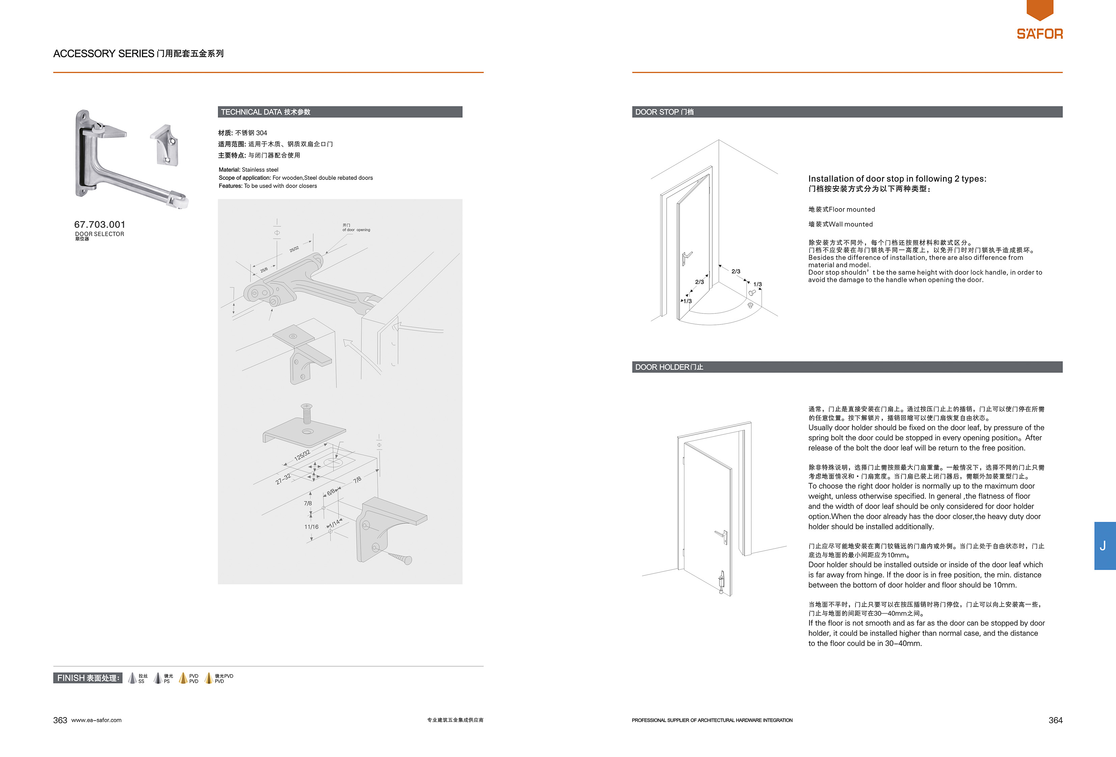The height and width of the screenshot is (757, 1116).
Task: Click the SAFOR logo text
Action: pyautogui.click(x=1040, y=34)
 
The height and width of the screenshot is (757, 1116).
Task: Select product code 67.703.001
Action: pyautogui.click(x=100, y=225)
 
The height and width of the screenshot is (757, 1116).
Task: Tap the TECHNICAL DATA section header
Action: pyautogui.click(x=340, y=112)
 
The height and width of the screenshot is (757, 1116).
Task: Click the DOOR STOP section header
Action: pyautogui.click(x=847, y=112)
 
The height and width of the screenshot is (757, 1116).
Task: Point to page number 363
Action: pyautogui.click(x=60, y=720)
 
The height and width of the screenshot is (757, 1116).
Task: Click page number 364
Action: pyautogui.click(x=1056, y=720)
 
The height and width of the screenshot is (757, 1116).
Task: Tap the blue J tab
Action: pyautogui.click(x=1105, y=546)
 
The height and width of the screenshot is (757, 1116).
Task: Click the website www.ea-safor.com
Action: pyautogui.click(x=97, y=720)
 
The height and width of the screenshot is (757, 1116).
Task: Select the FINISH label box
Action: pyautogui.click(x=87, y=678)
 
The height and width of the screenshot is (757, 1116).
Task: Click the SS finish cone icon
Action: pyautogui.click(x=133, y=678)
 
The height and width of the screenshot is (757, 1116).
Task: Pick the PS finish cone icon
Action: pyautogui.click(x=158, y=678)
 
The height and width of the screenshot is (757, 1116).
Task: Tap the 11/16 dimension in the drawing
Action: pyautogui.click(x=311, y=527)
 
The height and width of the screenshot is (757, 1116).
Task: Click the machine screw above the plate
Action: pyautogui.click(x=306, y=414)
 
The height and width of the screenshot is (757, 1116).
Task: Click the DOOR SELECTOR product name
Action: pyautogui.click(x=100, y=234)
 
